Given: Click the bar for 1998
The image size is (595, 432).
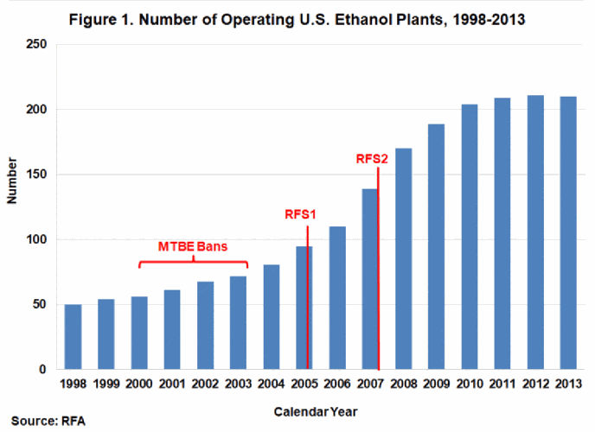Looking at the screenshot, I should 74,337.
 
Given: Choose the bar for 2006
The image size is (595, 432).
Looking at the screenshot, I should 338,298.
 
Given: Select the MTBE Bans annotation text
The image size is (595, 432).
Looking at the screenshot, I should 193,246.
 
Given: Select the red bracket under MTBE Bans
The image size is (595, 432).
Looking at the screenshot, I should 193,262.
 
